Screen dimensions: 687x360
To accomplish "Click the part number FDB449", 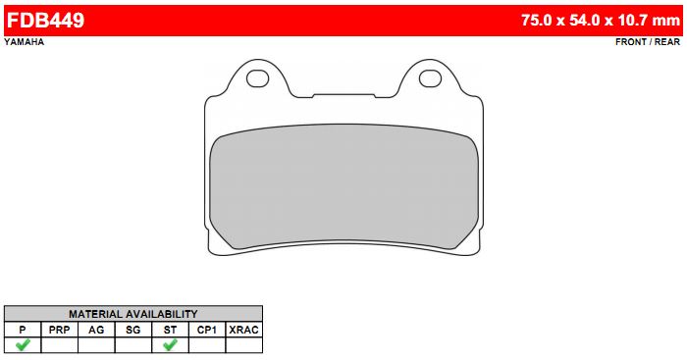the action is pos(45,21).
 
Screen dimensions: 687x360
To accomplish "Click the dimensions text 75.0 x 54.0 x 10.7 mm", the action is pos(601,21).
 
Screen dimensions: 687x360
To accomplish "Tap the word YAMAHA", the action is pos(25,42).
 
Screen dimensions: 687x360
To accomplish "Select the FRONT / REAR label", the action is pos(648,42).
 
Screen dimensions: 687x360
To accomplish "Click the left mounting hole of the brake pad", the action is pos(257,78).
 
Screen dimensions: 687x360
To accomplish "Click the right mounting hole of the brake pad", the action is pos(430,78).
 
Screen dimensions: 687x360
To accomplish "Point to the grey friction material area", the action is pos(343,186).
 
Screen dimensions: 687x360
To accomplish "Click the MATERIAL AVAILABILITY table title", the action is pos(133,314).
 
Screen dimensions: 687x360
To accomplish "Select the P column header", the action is pos(23,330).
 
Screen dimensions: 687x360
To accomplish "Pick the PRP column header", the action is pos(59,330).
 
